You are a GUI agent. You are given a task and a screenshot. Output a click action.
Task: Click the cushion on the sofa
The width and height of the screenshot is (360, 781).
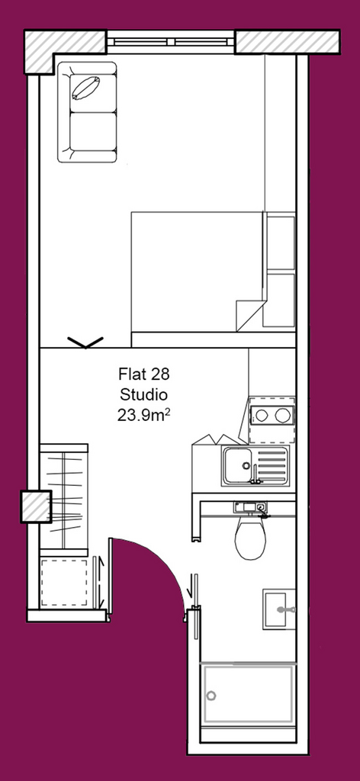pyautogui.click(x=85, y=88)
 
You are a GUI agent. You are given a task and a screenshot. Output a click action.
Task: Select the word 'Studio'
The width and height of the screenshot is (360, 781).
pyautogui.click(x=143, y=394)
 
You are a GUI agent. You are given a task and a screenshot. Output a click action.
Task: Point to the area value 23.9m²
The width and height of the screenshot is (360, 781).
pyautogui.click(x=144, y=416)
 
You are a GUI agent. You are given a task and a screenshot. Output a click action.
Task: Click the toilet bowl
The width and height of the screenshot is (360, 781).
pyautogui.click(x=250, y=538)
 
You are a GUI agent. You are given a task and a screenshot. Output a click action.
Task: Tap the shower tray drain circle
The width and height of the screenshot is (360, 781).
pyautogui.click(x=211, y=696)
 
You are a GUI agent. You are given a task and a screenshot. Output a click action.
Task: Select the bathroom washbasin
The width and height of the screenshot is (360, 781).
pyautogui.click(x=279, y=609)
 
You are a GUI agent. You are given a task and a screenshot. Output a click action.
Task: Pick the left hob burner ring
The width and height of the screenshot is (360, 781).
pyautogui.click(x=262, y=415)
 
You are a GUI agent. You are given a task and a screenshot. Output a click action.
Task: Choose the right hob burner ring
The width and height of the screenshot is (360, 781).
pyautogui.click(x=283, y=415)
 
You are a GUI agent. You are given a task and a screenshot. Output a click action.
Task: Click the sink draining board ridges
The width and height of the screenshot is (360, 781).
pyautogui.click(x=272, y=466)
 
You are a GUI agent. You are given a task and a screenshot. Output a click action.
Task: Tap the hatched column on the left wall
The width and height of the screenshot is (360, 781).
pyautogui.click(x=36, y=506)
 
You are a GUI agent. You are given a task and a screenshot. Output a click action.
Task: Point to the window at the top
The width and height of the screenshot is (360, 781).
pyautogui.click(x=170, y=43)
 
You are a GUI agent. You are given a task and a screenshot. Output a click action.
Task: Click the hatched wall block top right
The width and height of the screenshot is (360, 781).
pyautogui.click(x=288, y=42)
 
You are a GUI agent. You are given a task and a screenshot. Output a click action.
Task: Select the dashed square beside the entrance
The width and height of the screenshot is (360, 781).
pyautogui.click(x=64, y=583)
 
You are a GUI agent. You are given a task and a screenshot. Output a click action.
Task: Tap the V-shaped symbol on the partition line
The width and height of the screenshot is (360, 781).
pyautogui.click(x=85, y=342)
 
